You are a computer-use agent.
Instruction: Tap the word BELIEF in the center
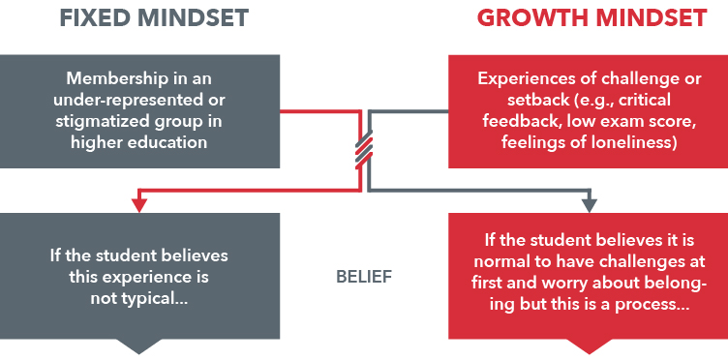[364, 277]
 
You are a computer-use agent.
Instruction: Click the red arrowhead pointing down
[139, 204]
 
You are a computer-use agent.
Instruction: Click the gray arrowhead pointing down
[589, 204]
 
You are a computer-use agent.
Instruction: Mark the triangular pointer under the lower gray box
[139, 345]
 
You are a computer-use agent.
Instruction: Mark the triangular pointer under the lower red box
[589, 345]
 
